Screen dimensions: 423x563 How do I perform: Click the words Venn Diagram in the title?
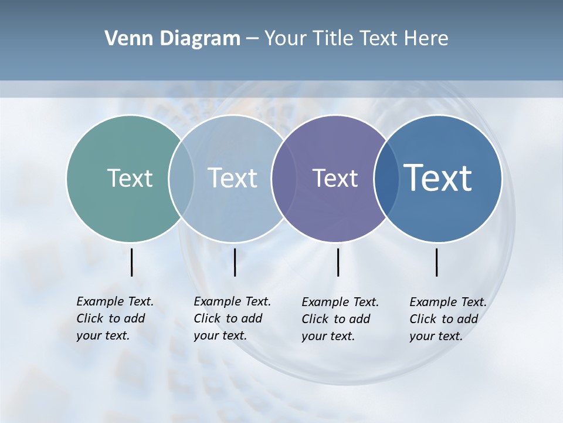coord(172,39)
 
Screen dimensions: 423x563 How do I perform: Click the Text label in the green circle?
coord(130,178)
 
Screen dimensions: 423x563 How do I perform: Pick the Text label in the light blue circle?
coord(232,178)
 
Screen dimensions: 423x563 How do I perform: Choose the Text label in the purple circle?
coord(335,178)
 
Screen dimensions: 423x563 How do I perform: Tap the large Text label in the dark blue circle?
coord(438,177)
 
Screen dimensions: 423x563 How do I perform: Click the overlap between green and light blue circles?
coord(181,178)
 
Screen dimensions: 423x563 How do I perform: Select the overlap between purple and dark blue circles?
coord(386,178)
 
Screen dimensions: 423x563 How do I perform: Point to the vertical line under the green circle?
coord(131,262)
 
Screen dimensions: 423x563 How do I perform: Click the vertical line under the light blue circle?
coord(235,262)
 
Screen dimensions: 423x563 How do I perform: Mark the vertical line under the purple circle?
coord(338,262)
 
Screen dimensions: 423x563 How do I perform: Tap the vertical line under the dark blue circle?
coord(436,262)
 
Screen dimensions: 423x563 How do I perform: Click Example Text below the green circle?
coord(115,301)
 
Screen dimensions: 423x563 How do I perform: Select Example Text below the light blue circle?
coord(232,301)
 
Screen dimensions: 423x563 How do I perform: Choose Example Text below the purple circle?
coord(340,302)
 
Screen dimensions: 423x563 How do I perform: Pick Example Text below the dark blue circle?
coord(448,302)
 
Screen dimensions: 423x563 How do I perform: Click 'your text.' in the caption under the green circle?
coord(103,336)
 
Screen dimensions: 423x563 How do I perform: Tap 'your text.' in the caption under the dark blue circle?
coord(436,337)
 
